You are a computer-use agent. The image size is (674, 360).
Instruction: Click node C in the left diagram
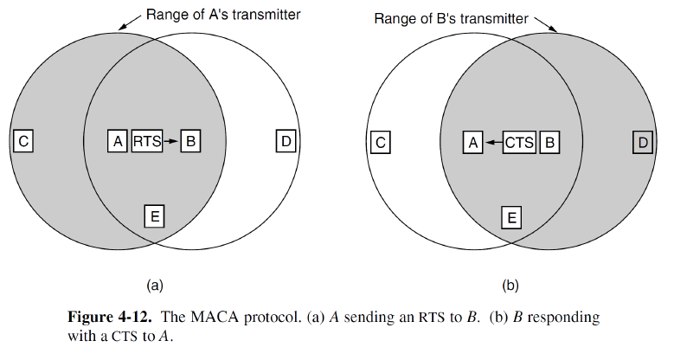[x=24, y=140]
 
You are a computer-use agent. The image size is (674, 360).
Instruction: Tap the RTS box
[x=146, y=140]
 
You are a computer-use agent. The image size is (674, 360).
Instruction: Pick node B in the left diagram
[x=191, y=140]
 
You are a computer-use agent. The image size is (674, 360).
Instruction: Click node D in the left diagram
[x=286, y=140]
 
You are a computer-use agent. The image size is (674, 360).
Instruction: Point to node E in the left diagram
[x=154, y=215]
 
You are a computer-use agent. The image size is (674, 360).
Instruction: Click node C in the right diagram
[x=379, y=141]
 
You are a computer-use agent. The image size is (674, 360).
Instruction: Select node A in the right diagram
[x=472, y=141]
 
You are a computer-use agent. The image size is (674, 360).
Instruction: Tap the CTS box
[x=519, y=141]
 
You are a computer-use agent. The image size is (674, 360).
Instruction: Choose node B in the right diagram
[x=548, y=141]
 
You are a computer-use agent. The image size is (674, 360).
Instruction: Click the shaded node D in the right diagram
[x=641, y=141]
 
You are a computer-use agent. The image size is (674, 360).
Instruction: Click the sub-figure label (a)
[x=154, y=284]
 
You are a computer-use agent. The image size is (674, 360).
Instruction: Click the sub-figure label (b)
[x=510, y=284]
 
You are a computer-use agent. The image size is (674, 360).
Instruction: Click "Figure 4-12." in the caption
[x=106, y=317]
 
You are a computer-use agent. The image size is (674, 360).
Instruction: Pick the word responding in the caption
[x=565, y=317]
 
